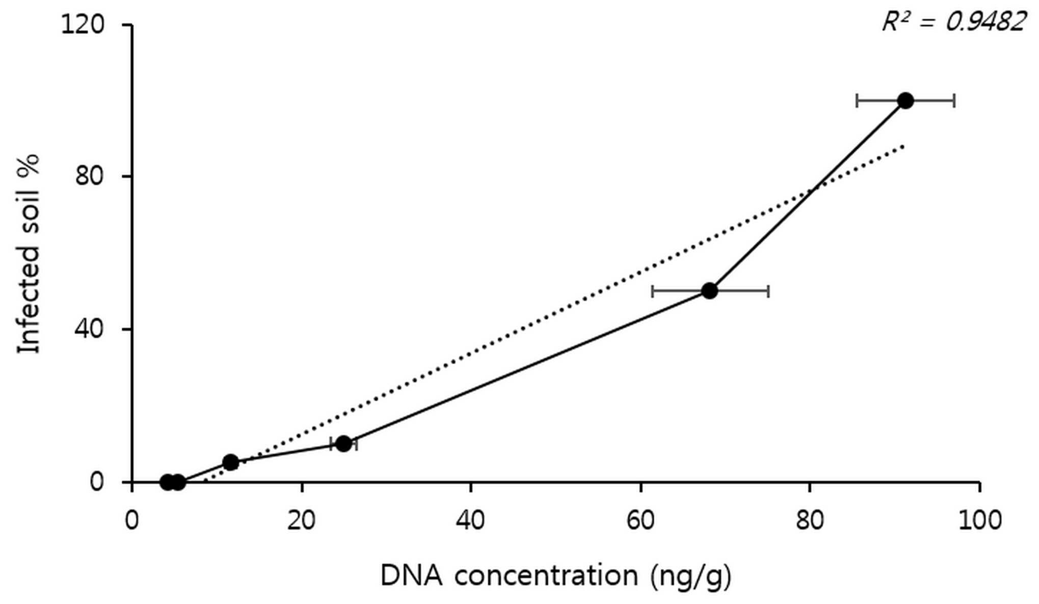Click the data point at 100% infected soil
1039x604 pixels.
pos(905,101)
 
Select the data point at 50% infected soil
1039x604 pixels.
pos(709,291)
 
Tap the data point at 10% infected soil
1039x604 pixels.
pos(344,444)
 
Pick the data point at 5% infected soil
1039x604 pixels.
pos(231,462)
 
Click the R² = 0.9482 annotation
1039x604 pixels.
pos(954,22)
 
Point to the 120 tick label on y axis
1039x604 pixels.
pos(83,24)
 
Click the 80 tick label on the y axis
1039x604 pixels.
pos(90,176)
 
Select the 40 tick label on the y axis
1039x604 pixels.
pos(90,329)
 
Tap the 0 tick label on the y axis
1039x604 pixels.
pos(97,481)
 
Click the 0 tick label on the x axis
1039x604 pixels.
pos(132,520)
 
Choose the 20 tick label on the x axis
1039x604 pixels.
pos(301,520)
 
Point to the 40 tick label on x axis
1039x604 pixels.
pos(470,520)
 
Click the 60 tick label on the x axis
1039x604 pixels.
pos(640,520)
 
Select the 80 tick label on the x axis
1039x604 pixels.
pos(810,520)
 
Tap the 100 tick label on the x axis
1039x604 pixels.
pos(979,520)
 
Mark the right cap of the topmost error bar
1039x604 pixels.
pos(954,101)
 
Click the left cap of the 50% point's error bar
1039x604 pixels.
pos(653,291)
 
